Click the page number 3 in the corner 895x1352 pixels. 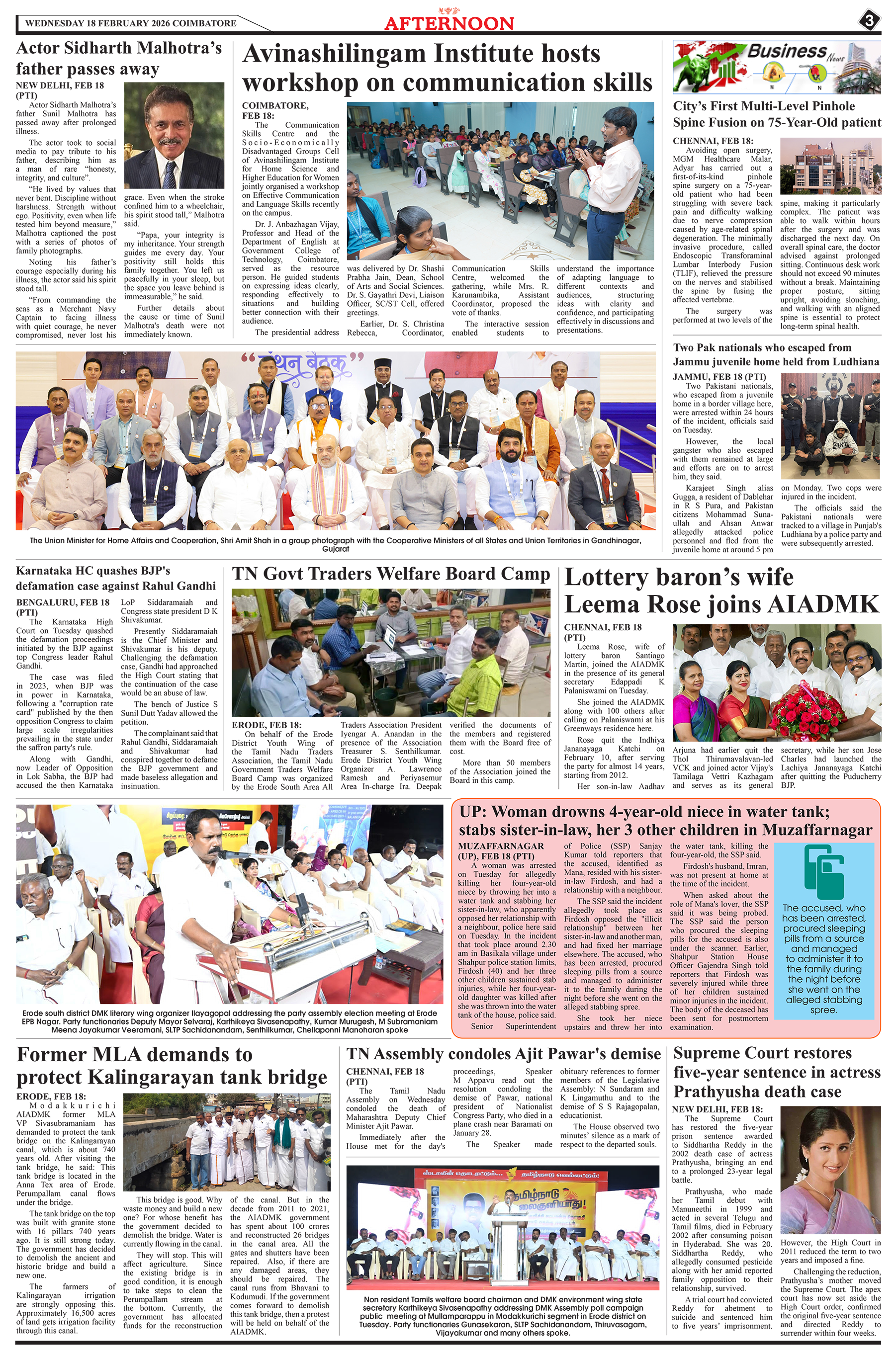pyautogui.click(x=869, y=22)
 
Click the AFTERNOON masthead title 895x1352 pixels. pyautogui.click(x=449, y=23)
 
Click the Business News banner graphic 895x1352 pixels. pyautogui.click(x=776, y=67)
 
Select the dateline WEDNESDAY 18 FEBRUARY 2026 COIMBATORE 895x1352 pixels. pyautogui.click(x=131, y=23)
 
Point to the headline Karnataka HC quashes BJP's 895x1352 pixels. pyautogui.click(x=93, y=571)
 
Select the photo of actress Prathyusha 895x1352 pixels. pyautogui.click(x=830, y=1171)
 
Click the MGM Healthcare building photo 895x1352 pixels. pyautogui.click(x=830, y=166)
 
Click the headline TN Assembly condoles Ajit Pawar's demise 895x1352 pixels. pyautogui.click(x=503, y=1054)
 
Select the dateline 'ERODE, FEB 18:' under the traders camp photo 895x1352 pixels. pyautogui.click(x=267, y=725)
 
